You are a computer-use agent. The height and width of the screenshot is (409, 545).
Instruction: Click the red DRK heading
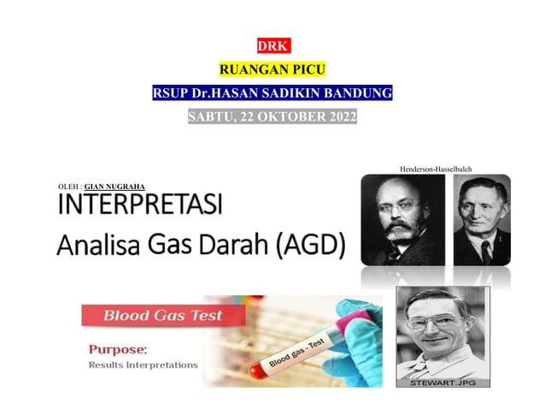pyautogui.click(x=272, y=46)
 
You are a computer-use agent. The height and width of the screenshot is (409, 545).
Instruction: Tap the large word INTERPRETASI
pyautogui.click(x=139, y=206)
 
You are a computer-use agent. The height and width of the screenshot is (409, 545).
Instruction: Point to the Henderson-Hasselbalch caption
pyautogui.click(x=436, y=169)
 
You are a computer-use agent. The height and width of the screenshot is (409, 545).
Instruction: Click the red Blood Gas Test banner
pyautogui.click(x=162, y=316)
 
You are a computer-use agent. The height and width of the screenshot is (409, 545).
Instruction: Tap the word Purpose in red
pyautogui.click(x=118, y=349)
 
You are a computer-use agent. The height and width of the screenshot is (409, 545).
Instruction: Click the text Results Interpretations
pyautogui.click(x=143, y=365)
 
